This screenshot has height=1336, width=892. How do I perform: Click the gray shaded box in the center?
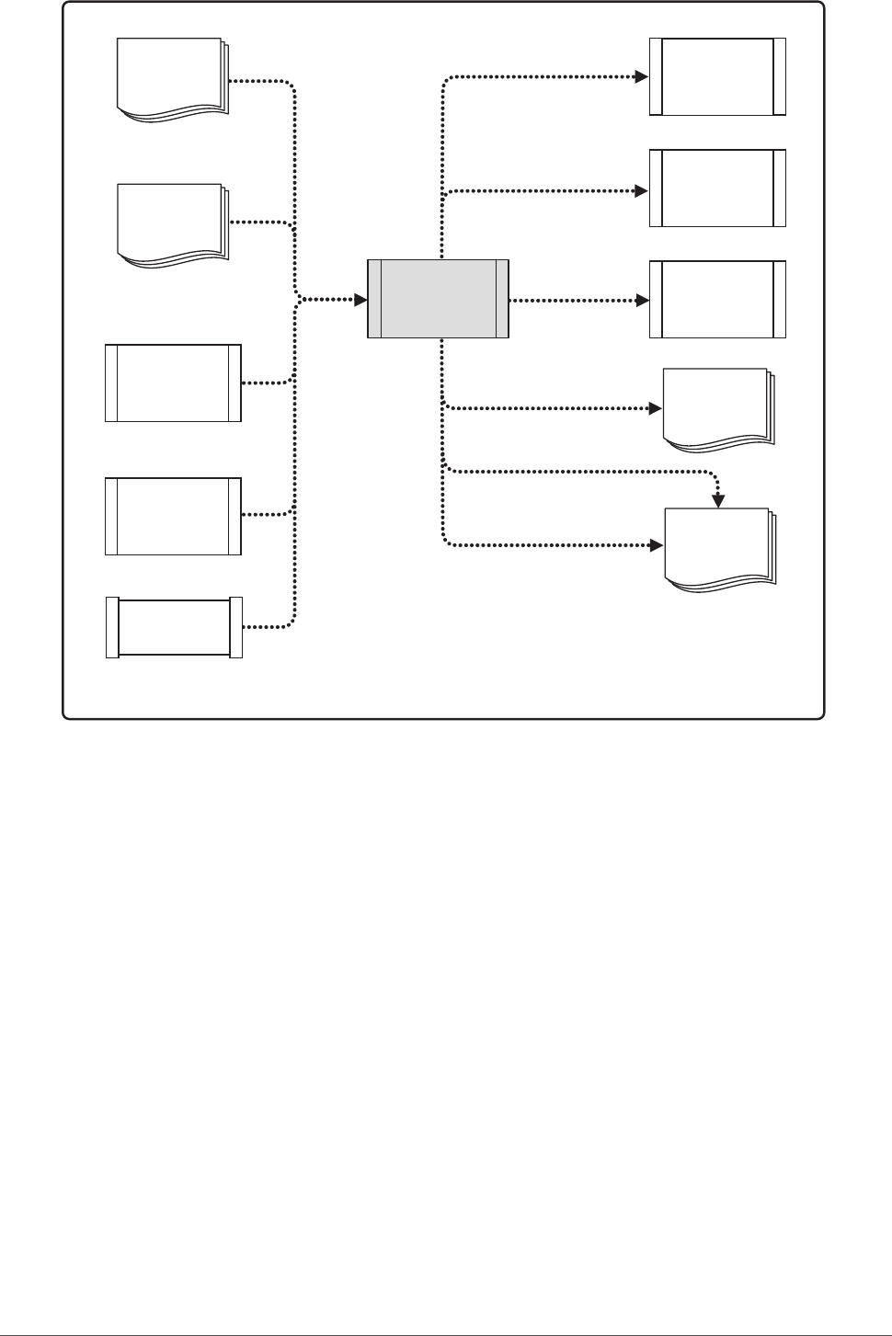point(438,299)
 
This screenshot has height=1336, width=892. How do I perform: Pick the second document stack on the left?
point(171,224)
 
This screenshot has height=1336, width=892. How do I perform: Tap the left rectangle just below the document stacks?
point(174,383)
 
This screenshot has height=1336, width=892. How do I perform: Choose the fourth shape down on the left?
point(174,516)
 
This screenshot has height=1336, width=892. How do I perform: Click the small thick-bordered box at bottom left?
point(174,627)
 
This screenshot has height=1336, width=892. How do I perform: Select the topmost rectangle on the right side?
point(717,76)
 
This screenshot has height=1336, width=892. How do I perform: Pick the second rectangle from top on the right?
point(717,188)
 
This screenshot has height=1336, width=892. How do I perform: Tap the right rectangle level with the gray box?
point(717,300)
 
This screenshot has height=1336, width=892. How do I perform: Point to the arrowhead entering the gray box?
point(360,300)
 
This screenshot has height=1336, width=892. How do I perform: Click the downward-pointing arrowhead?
point(719,501)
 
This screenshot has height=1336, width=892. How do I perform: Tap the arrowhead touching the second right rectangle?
point(643,190)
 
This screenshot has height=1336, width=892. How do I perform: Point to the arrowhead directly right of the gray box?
point(643,300)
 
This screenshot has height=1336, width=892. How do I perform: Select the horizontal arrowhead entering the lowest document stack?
point(657,544)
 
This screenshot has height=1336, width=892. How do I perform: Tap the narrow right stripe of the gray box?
point(502,299)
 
